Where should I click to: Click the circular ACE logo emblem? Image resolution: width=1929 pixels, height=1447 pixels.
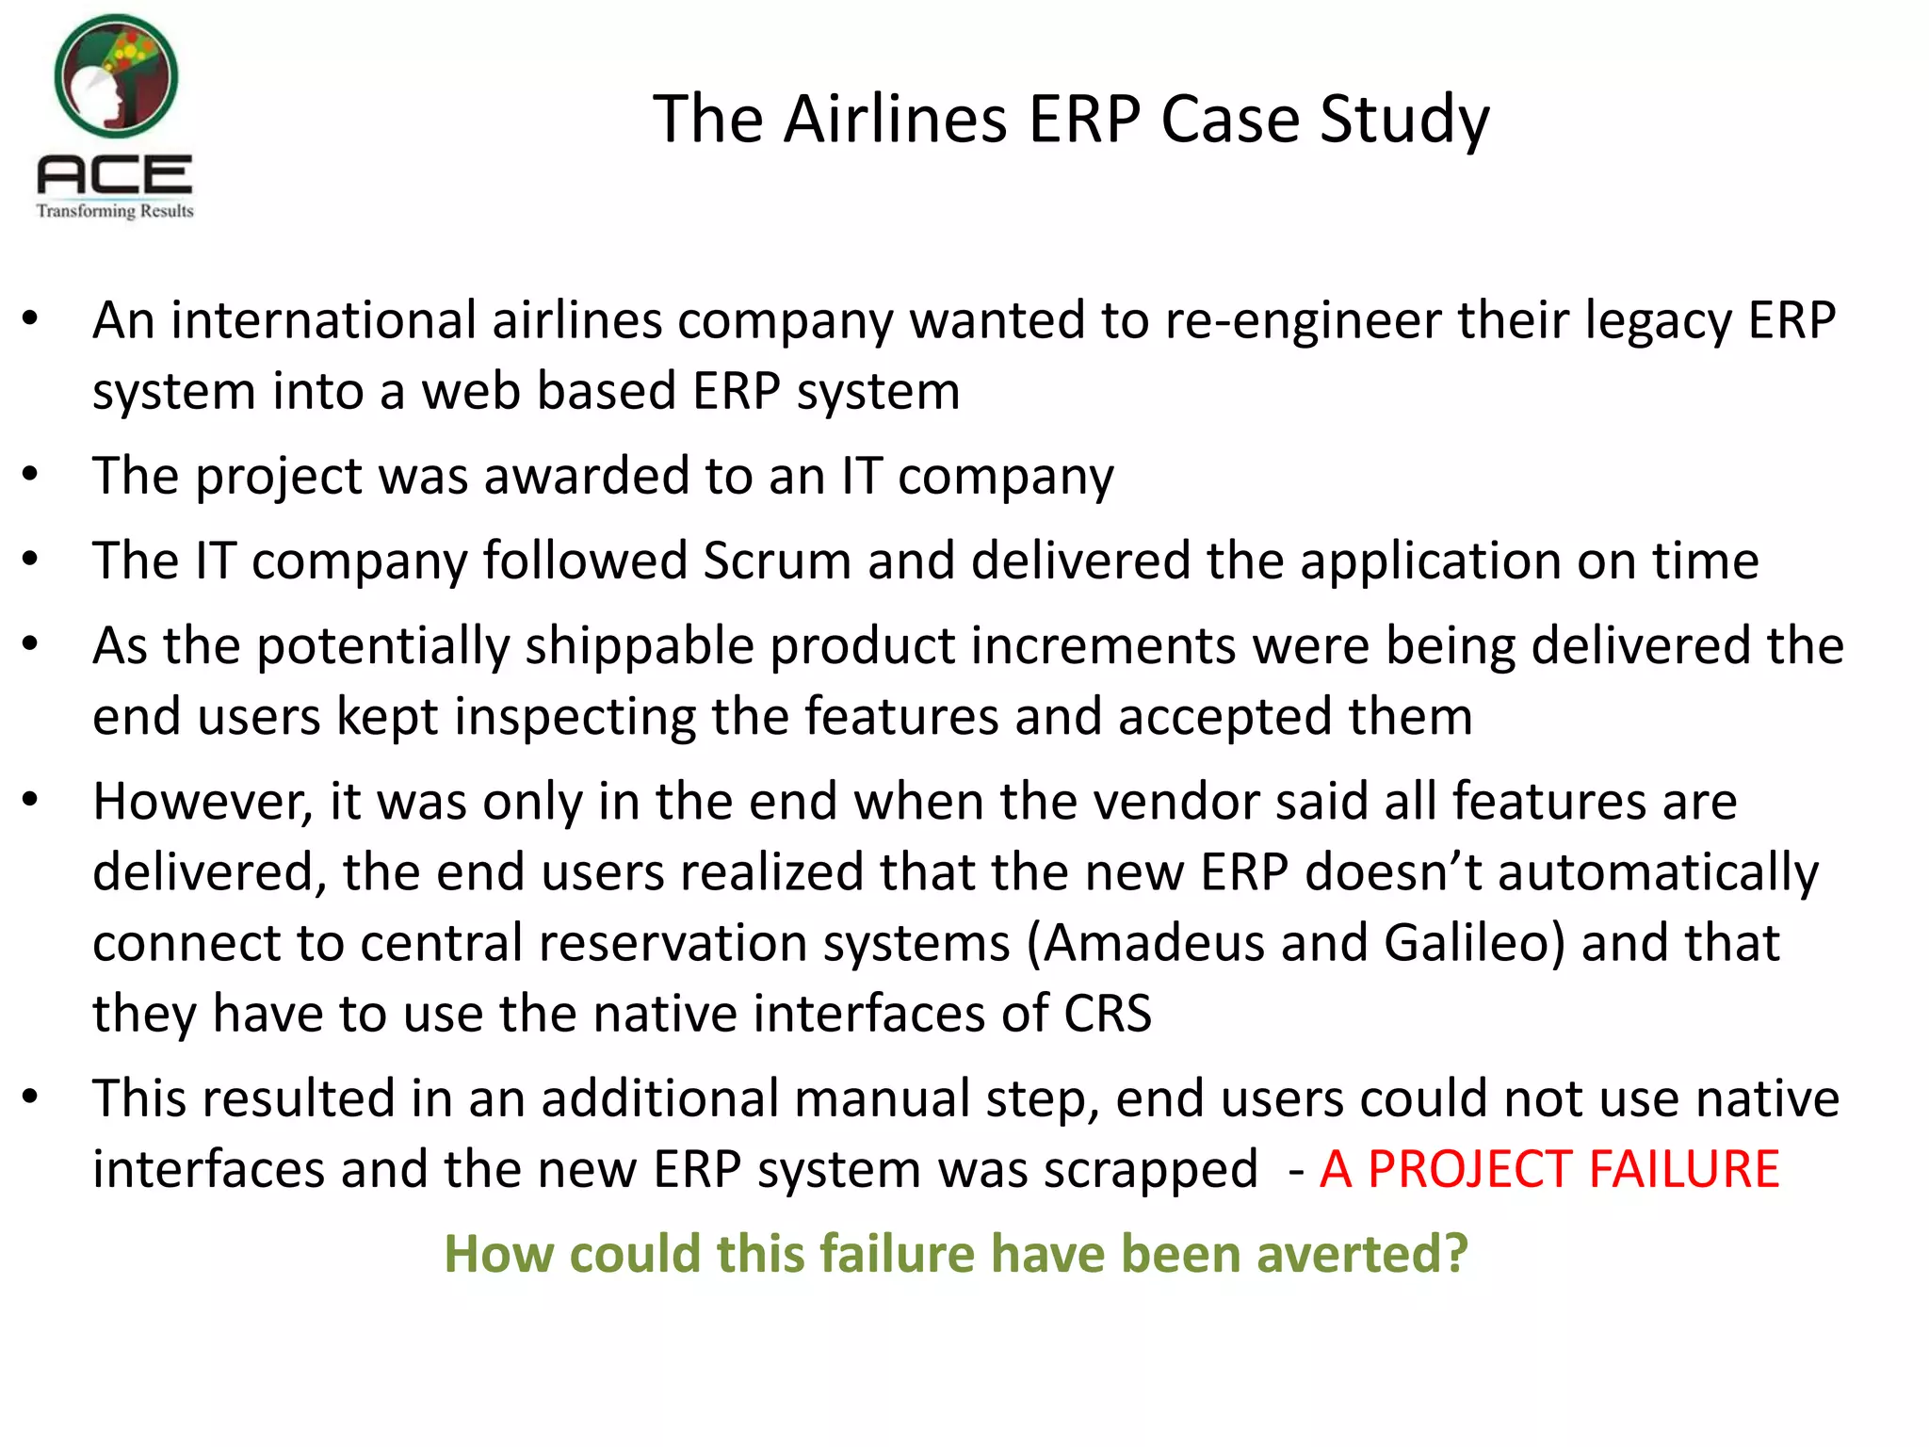[x=116, y=76]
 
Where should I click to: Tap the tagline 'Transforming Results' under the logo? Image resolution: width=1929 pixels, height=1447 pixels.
[x=115, y=211]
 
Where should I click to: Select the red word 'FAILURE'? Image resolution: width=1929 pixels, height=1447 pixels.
[x=1684, y=1170]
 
